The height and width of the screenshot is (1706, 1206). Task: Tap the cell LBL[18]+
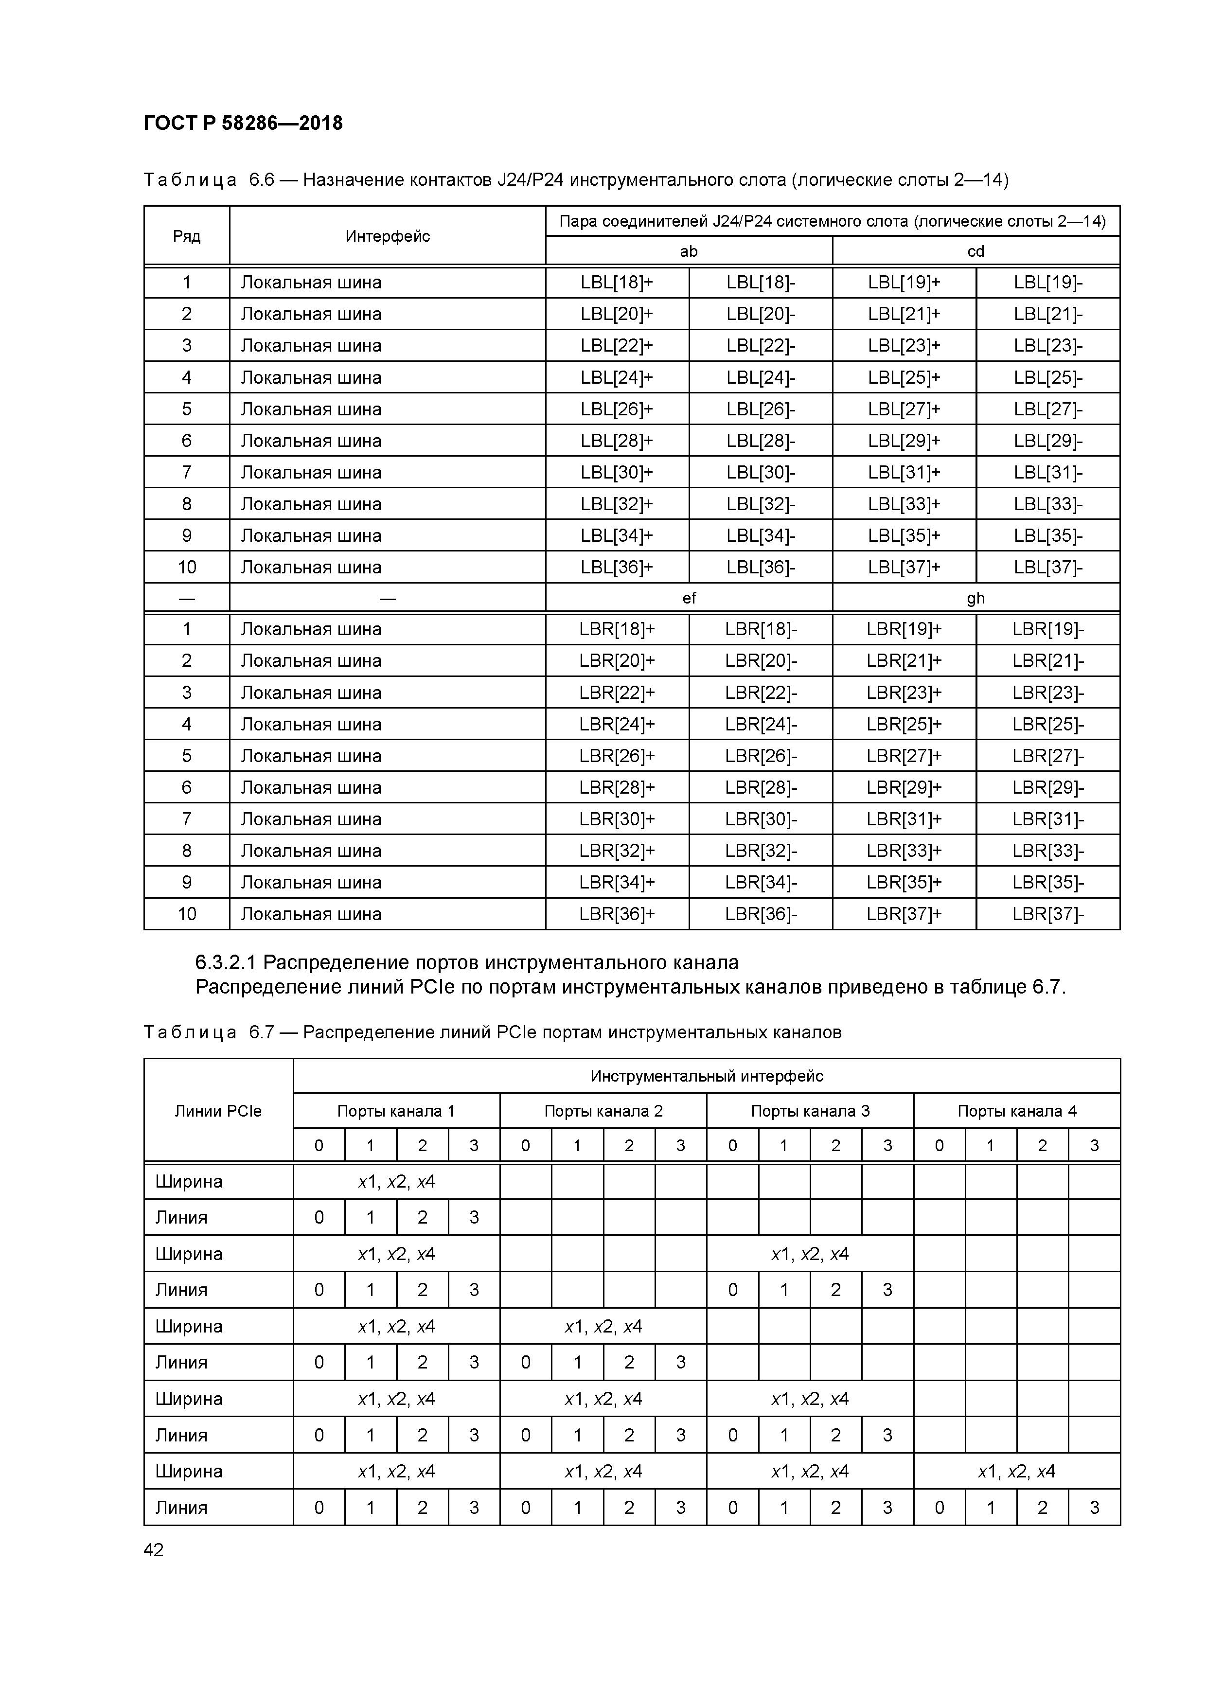616,283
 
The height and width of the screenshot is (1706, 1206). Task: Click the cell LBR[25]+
904,724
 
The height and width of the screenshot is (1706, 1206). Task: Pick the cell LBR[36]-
760,913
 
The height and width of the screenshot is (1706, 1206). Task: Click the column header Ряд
187,236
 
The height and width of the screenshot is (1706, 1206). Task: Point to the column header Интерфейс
387,236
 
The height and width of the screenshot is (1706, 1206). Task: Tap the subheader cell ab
688,251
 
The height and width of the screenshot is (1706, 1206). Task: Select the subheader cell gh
975,598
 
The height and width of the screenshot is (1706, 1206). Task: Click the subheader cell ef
688,598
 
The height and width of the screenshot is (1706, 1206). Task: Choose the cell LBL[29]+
904,441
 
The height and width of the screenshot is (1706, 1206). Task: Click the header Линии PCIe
218,1111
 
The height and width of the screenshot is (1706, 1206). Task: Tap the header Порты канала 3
809,1111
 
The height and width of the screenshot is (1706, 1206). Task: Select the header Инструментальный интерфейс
706,1076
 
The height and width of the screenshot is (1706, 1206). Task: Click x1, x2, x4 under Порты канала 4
1016,1471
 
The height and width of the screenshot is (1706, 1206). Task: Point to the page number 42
153,1550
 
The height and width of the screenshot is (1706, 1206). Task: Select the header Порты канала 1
395,1111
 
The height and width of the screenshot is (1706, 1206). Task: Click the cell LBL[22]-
760,345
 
